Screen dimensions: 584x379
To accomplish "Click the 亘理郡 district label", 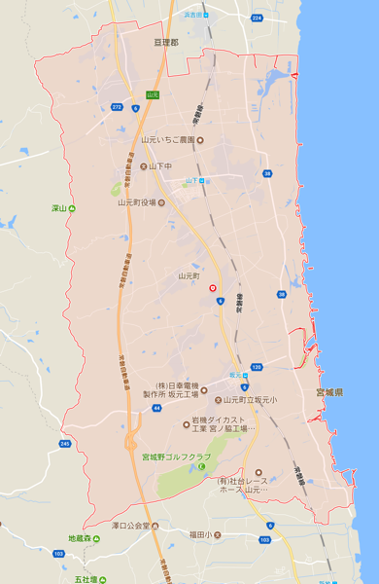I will coord(166,43).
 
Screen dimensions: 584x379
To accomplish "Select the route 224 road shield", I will coord(257,18).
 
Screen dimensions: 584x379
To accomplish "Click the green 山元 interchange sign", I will coord(152,94).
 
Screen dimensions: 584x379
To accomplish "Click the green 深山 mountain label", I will coord(58,208).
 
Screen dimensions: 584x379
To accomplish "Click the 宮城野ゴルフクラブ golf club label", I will coord(176,456).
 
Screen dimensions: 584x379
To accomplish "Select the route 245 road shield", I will coord(64,443).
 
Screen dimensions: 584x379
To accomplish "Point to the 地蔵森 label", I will coord(83,538).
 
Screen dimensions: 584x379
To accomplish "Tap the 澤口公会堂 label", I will coord(129,526).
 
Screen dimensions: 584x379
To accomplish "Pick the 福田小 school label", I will coord(207,534).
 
